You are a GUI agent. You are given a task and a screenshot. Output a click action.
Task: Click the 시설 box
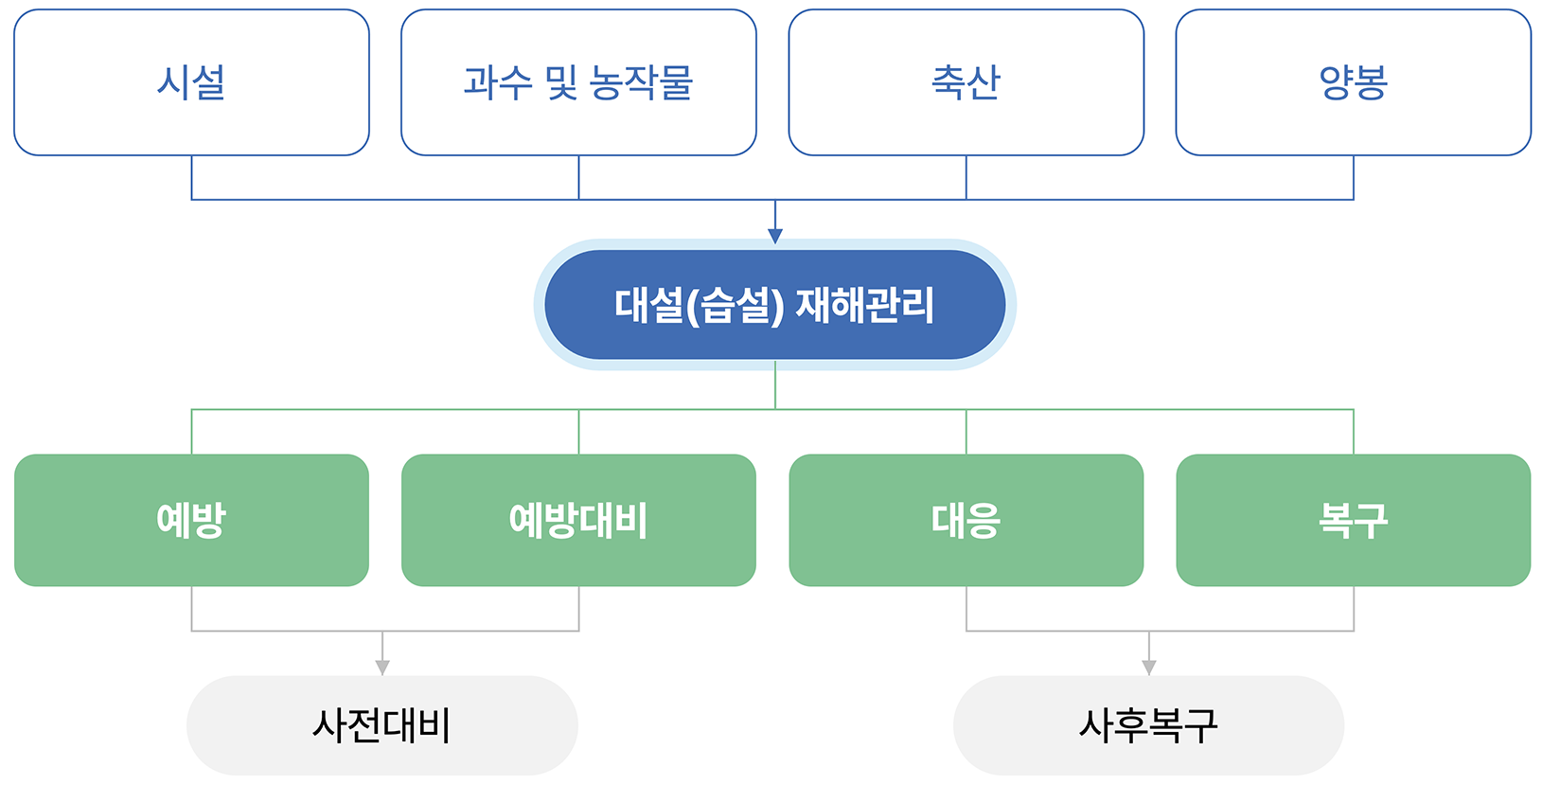(191, 82)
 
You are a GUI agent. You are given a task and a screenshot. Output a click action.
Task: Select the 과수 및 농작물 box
(578, 82)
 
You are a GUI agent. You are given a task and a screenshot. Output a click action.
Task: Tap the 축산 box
(966, 82)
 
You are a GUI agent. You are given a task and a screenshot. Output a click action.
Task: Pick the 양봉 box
(1353, 82)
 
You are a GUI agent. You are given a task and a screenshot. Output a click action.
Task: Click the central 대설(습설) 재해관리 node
(774, 305)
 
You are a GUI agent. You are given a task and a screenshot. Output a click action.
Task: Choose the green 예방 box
(191, 520)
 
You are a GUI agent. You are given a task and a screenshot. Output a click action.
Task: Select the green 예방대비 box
(578, 520)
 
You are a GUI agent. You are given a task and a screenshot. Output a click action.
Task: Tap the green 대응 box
(966, 520)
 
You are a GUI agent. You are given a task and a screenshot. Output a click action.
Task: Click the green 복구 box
(1353, 520)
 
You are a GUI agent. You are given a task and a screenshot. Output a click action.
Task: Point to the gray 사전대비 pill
(381, 725)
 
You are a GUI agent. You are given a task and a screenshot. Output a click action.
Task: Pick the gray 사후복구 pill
(1148, 725)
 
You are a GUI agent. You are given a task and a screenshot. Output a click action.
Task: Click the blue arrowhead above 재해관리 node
(775, 236)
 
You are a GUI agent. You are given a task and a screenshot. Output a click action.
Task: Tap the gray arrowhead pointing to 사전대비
(382, 667)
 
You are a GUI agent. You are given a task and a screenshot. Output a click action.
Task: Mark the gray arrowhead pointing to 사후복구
(1149, 667)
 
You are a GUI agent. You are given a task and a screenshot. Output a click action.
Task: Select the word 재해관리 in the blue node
(864, 305)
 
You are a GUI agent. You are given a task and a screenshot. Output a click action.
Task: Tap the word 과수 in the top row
(498, 82)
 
